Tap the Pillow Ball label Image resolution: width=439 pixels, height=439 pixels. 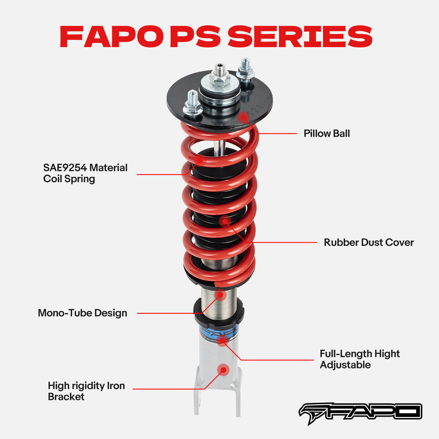click(327, 133)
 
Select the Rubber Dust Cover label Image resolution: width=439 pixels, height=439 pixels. click(369, 242)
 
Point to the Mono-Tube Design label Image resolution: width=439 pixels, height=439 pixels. click(83, 313)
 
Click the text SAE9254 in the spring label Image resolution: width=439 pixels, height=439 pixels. click(66, 168)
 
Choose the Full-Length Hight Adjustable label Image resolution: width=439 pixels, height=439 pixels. click(360, 359)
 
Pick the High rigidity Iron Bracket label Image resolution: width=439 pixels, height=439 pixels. click(86, 391)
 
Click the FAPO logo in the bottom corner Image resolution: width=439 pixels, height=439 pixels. click(360, 411)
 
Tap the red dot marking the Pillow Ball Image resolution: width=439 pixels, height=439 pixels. click(243, 117)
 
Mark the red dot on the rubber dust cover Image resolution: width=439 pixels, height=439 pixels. click(226, 220)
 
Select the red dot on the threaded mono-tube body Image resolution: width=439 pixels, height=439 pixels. click(220, 295)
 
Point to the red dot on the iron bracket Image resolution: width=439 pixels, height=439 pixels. click(223, 370)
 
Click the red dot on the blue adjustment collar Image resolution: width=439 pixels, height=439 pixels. click(223, 338)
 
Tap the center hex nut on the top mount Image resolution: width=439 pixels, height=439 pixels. click(220, 79)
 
